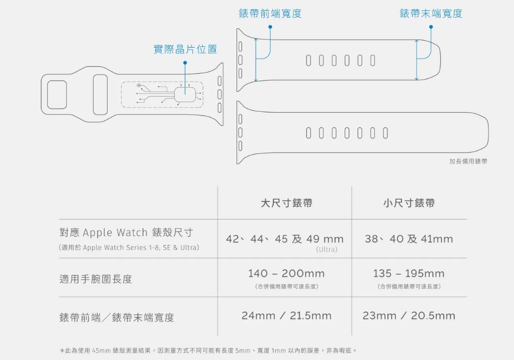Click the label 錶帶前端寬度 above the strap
pos(270,14)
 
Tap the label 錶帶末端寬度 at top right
pos(431,14)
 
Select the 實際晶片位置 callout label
pos(185,50)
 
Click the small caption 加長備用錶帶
pos(468,161)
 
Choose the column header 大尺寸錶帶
pos(286,203)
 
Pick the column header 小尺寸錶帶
pos(408,203)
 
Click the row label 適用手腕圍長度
pos(96,279)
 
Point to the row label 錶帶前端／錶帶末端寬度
pos(117,317)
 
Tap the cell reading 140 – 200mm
pos(286,274)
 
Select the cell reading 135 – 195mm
pos(408,274)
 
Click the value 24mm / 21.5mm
pos(286,316)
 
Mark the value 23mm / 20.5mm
pos(408,316)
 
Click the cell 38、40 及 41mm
pos(408,239)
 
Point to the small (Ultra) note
pos(327,250)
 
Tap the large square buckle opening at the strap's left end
pos(56,95)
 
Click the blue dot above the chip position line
pos(185,63)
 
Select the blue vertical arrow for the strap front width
pos(256,59)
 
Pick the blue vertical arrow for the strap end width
pos(416,59)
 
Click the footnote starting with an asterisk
pos(208,350)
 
